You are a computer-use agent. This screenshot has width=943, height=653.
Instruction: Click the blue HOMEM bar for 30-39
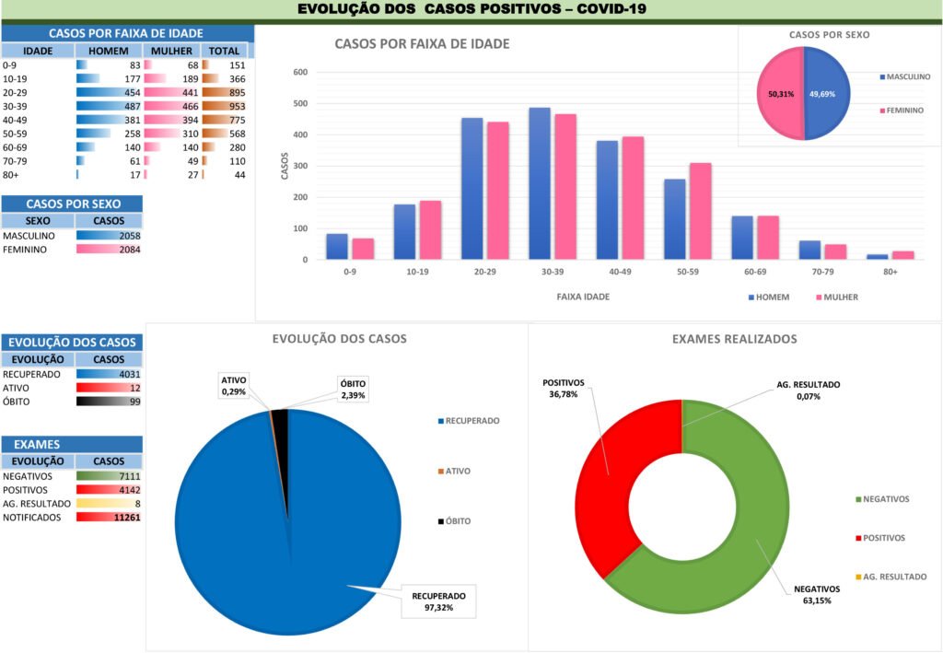click(540, 184)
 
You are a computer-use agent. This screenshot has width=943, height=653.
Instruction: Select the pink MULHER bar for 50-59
click(701, 212)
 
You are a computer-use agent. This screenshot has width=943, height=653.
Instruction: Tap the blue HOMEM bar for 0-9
click(337, 247)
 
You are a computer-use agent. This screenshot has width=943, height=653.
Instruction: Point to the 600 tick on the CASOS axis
click(300, 73)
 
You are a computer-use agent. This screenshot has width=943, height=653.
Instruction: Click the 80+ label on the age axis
click(878, 273)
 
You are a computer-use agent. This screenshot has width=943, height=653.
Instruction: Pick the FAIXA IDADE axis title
click(583, 297)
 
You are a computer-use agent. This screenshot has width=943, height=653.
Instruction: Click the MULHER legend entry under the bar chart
click(837, 297)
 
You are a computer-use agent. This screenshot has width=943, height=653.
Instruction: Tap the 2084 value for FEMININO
click(128, 250)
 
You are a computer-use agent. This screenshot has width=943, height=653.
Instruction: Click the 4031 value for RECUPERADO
click(128, 374)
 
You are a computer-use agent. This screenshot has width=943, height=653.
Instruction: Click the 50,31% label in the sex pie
click(781, 94)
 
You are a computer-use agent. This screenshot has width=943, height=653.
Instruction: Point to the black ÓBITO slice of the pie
click(280, 418)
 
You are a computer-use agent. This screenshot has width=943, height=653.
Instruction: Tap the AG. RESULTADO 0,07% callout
click(804, 391)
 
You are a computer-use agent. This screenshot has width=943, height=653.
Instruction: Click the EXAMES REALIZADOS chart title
click(734, 339)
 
